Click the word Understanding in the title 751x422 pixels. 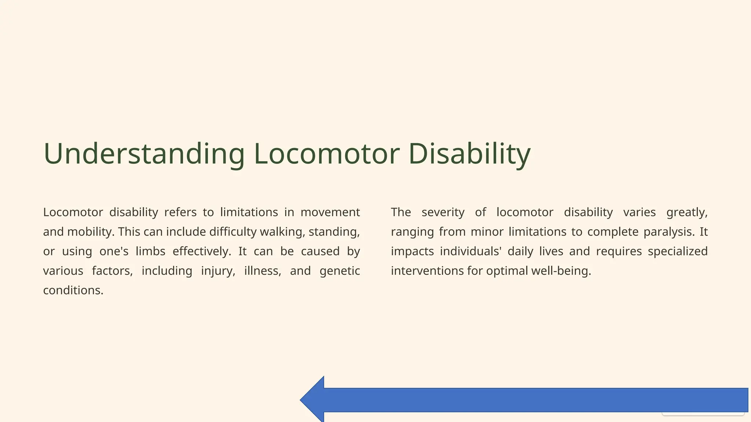[x=144, y=154]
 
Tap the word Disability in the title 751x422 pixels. [x=469, y=154]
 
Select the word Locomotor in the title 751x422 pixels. [x=326, y=154]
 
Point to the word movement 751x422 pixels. [x=330, y=212]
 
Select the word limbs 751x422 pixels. [x=150, y=251]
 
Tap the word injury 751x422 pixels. [x=218, y=271]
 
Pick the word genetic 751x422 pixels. [x=340, y=271]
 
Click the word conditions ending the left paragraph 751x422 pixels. [x=73, y=290]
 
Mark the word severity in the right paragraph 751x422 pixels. [x=443, y=212]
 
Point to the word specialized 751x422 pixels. [x=678, y=251]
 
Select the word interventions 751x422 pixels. [x=428, y=271]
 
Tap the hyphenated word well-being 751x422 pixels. [x=561, y=271]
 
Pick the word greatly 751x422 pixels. [x=687, y=212]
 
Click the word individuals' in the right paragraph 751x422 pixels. [x=470, y=251]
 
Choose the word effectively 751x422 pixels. [x=202, y=251]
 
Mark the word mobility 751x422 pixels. [x=91, y=232]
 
